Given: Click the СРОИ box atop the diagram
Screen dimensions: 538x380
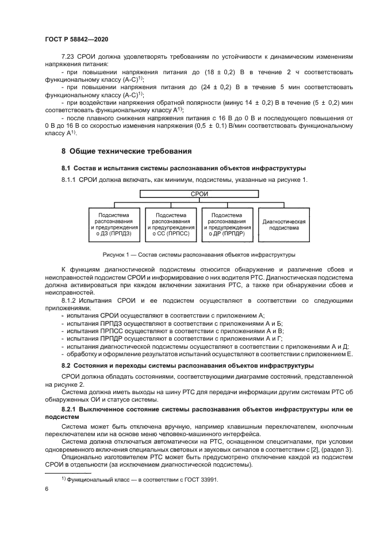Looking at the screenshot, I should tap(199, 194).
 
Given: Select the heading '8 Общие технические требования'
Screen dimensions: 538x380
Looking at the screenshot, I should tap(126, 151).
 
